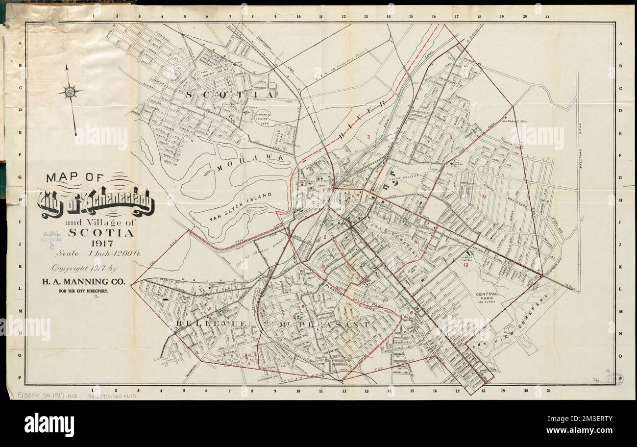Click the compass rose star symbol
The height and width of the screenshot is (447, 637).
[x=71, y=91]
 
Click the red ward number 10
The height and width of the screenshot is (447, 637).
[x=210, y=309]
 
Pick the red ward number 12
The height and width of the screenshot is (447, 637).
[x=466, y=265]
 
